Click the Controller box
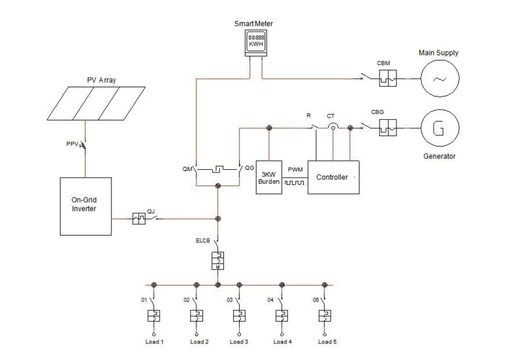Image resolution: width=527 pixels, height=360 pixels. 333,177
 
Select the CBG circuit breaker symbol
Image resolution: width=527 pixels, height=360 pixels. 387,128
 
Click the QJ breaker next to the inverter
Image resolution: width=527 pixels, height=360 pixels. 139,219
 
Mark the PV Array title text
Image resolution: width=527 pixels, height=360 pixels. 102,80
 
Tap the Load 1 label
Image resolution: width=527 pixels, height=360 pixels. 153,342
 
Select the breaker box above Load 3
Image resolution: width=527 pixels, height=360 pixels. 239,316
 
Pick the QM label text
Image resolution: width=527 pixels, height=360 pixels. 188,169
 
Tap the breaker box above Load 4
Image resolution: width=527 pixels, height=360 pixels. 282,316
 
